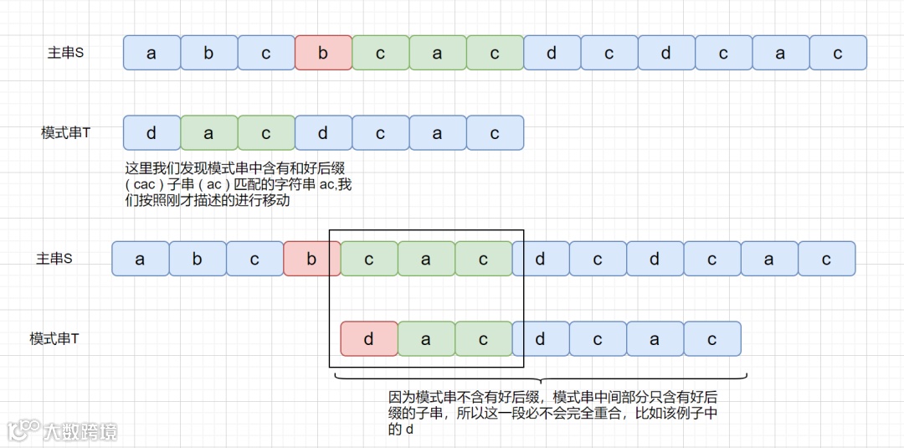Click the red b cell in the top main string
(x=323, y=53)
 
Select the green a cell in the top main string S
(x=438, y=53)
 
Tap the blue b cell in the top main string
(x=208, y=53)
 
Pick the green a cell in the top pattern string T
(x=208, y=133)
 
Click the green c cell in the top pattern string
(x=266, y=133)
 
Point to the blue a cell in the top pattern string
(x=438, y=133)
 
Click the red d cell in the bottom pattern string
(x=369, y=339)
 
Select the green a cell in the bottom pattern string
(x=426, y=339)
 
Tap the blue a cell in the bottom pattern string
(x=655, y=339)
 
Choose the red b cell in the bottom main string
(x=311, y=259)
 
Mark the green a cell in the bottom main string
(x=426, y=259)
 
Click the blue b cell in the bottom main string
(x=197, y=259)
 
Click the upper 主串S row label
(x=65, y=53)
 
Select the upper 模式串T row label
(x=65, y=133)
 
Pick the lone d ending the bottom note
(x=409, y=430)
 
